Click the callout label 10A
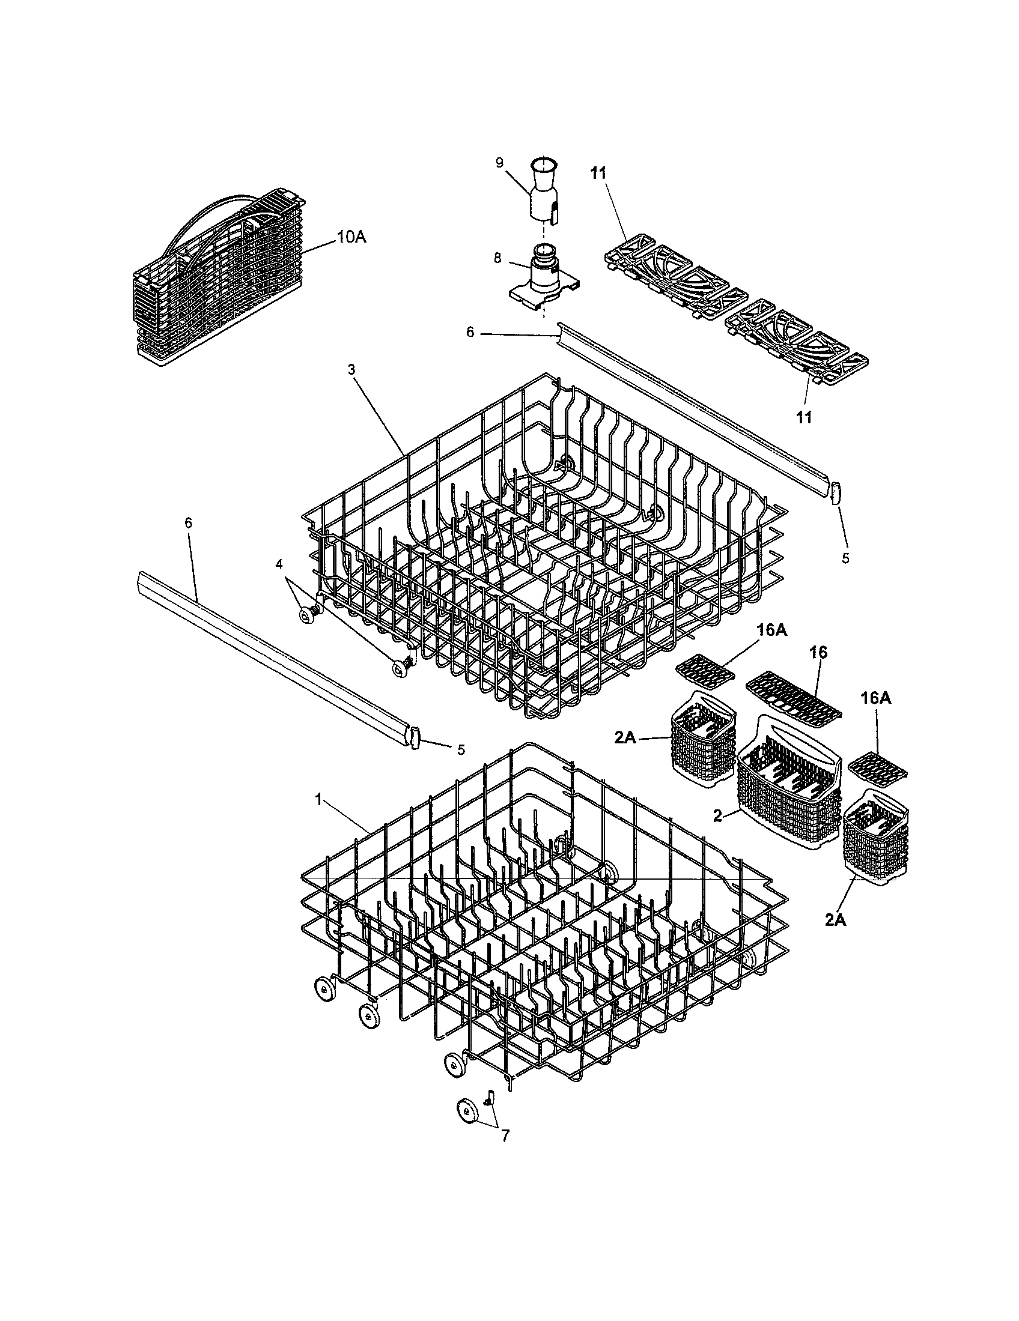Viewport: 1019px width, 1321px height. coord(351,237)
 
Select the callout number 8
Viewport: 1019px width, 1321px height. coord(497,258)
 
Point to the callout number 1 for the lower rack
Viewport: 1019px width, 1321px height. coord(318,799)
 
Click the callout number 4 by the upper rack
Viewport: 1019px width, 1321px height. coord(279,564)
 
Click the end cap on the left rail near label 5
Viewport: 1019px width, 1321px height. coord(415,738)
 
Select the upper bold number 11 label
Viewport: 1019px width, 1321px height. coord(598,174)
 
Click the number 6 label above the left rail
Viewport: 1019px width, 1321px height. coord(188,522)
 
